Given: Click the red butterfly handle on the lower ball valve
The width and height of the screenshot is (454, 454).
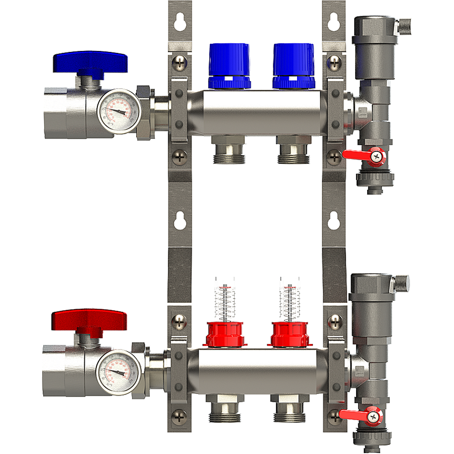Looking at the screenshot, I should (90, 322).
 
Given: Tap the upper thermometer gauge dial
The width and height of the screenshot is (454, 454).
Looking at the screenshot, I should (119, 110).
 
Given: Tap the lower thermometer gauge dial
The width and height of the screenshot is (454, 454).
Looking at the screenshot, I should (119, 372).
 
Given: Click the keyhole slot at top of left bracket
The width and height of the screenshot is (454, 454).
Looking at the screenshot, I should (180, 22).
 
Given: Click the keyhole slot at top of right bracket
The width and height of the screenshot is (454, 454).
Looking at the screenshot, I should (333, 22).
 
